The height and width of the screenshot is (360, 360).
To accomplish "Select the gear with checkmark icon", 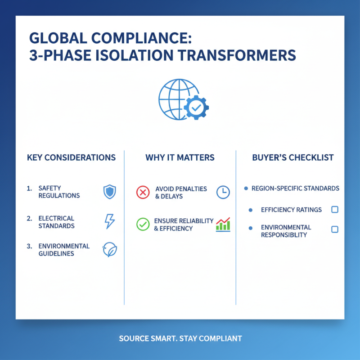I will tap(196, 108).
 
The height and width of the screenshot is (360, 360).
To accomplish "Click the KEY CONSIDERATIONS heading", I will tap(71, 157).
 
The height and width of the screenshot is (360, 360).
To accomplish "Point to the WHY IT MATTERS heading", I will tap(180, 157).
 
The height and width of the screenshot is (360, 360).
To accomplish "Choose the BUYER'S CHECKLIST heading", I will tap(293, 157).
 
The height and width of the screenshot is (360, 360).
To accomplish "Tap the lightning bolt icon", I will tap(109, 221).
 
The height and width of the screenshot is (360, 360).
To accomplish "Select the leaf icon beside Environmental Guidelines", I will tap(109, 250).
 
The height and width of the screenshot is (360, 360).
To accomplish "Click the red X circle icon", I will tap(142, 192).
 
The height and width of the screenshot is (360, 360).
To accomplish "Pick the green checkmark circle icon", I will tap(142, 224).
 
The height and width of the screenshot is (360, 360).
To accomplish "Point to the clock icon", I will tap(223, 192).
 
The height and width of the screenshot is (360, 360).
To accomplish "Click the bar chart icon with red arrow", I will tap(223, 224).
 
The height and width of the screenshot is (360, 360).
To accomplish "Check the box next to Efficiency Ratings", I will tap(334, 210).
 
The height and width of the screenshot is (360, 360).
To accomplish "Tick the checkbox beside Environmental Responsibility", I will tap(334, 229).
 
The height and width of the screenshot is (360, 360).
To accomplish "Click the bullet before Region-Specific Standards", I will tap(245, 188).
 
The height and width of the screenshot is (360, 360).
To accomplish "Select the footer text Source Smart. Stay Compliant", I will tap(180, 338).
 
